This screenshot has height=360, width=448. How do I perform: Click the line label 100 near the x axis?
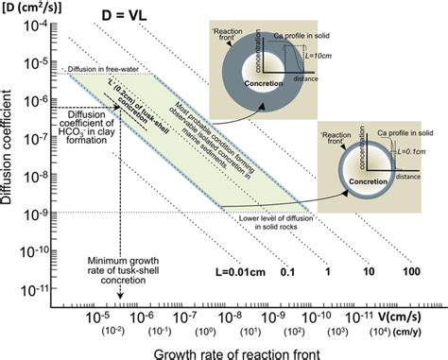tap(410, 271)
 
